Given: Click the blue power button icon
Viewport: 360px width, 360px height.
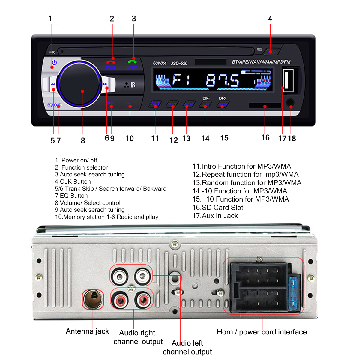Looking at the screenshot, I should [x=54, y=63].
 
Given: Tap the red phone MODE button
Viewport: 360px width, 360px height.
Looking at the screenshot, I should [x=111, y=62].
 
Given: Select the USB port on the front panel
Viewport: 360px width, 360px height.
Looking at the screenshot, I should [x=289, y=80].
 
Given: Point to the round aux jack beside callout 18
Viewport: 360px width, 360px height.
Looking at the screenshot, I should [x=290, y=103].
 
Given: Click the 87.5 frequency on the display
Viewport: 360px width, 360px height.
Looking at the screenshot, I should [x=222, y=80].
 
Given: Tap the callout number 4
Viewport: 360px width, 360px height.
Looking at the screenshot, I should [x=270, y=19].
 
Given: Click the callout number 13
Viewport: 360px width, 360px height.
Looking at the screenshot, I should [x=186, y=139].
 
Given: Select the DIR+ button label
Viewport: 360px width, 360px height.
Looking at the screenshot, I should [x=223, y=98].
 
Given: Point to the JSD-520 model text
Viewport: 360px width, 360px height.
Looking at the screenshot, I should [x=179, y=63].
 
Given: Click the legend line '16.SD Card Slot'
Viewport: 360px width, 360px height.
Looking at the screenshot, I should [x=217, y=208].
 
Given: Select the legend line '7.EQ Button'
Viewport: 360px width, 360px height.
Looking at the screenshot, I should [x=71, y=196].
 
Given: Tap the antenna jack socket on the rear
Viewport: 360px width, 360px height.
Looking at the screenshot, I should [x=93, y=299].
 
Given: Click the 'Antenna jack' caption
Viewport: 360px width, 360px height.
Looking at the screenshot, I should [x=87, y=331].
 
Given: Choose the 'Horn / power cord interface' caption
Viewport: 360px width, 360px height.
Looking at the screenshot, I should [x=262, y=332].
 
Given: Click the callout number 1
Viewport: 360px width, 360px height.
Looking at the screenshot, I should [x=50, y=19].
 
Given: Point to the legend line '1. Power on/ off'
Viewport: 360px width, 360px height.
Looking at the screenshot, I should [x=76, y=160].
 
